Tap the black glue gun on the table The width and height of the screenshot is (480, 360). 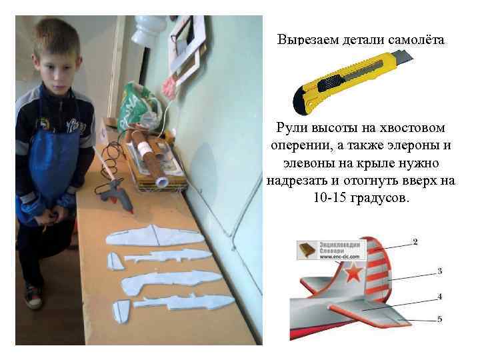tap(113, 190)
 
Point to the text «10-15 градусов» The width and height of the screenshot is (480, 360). tap(360, 199)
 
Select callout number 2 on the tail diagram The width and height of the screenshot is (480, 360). tap(415, 241)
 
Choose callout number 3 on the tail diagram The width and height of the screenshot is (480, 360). tap(439, 271)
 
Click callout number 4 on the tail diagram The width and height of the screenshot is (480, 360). tap(439, 295)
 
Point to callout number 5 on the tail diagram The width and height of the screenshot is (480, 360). tap(439, 319)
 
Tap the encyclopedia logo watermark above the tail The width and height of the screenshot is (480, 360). tap(329, 250)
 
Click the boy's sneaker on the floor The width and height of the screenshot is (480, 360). tap(32, 295)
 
